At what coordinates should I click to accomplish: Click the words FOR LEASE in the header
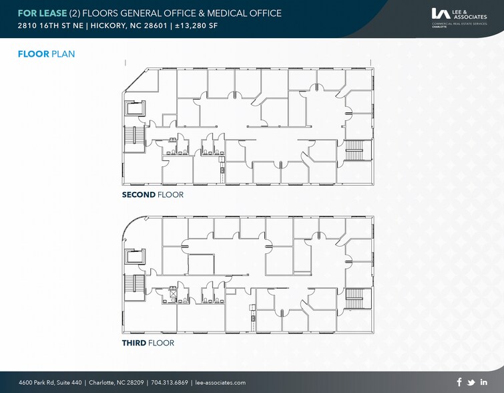pos(42,13)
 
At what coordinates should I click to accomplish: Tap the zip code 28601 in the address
pos(161,26)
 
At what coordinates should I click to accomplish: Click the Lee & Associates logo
pos(459,15)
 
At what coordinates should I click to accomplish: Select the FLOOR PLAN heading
pos(45,53)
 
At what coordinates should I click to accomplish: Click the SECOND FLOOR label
pos(152,194)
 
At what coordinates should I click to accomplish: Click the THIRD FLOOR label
pos(148,343)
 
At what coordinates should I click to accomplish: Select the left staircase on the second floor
pos(130,138)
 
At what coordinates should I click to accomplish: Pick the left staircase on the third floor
pos(130,286)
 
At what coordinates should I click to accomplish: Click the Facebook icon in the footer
pos(459,382)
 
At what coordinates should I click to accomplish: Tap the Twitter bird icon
pos(471,382)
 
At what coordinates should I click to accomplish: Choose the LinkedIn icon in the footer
pos(483,382)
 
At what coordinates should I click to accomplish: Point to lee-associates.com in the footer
pos(220,382)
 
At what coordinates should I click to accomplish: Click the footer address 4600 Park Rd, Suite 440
pos(50,382)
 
